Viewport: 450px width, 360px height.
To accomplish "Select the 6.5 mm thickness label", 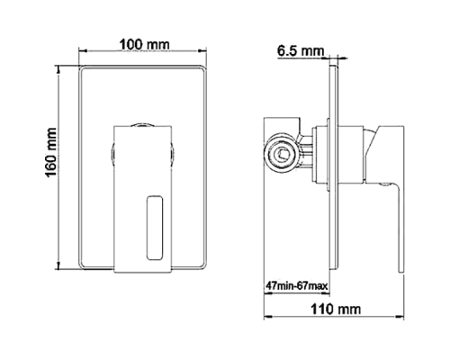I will [x=301, y=50].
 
